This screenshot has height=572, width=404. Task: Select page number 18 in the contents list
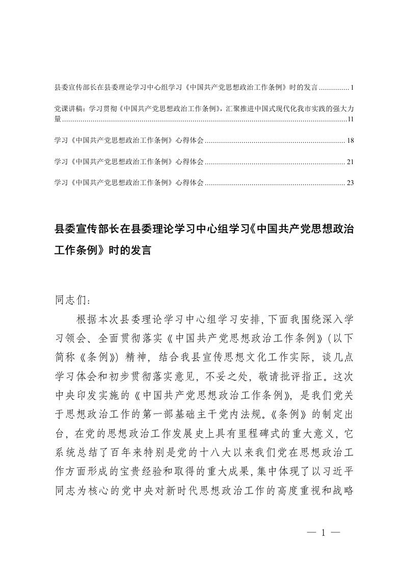tap(349, 140)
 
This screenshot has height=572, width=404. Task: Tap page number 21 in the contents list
tap(349, 162)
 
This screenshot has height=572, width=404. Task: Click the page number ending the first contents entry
tap(352, 88)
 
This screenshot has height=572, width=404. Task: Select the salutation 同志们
tap(71, 299)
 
